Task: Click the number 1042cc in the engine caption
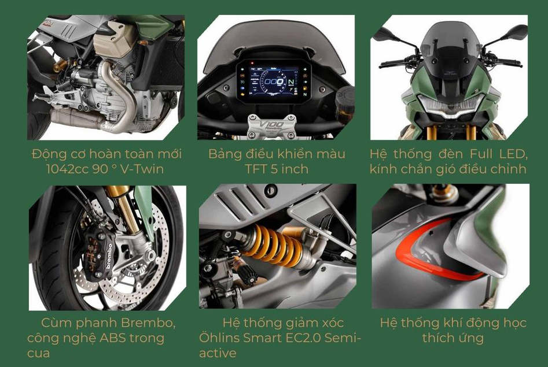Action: [67, 169]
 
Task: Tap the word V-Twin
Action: [142, 169]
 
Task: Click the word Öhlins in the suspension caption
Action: [219, 338]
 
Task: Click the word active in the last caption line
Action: [218, 353]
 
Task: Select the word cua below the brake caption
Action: [38, 353]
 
